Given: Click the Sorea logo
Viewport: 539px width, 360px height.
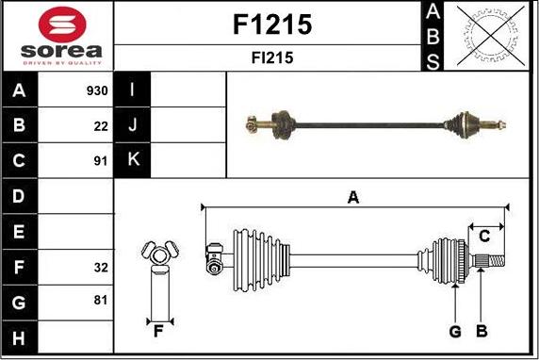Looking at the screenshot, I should pos(57,36).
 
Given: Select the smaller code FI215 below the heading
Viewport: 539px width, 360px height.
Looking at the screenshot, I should pos(271,57).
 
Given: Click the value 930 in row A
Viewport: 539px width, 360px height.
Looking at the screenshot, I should pos(97,91).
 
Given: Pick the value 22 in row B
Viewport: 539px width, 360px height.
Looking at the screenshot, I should pos(101,125).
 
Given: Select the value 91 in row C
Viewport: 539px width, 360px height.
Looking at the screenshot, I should pos(101,159).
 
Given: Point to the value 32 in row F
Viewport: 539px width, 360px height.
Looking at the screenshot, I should pos(101,268).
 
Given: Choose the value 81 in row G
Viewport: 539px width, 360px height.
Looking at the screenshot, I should pos(101,301).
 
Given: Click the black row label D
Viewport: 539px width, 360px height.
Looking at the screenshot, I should pos(20,196).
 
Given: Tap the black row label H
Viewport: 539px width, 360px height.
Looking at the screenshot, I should pos(20,336).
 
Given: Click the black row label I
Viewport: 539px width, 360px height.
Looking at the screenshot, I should pos(133,91).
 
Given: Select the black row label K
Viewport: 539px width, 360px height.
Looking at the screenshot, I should pos(133,159).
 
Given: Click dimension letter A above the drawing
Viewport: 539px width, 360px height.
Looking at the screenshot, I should pos(353,197).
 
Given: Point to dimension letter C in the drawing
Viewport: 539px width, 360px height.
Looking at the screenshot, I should pos(484,235).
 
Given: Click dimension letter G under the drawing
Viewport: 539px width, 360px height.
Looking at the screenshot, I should pos(455,331).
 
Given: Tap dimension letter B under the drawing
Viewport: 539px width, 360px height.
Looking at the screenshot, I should pos(482,331).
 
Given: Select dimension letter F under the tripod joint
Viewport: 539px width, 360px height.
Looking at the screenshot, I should pos(158,331).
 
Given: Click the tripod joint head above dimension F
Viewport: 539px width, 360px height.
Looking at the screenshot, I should pos(158,252).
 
